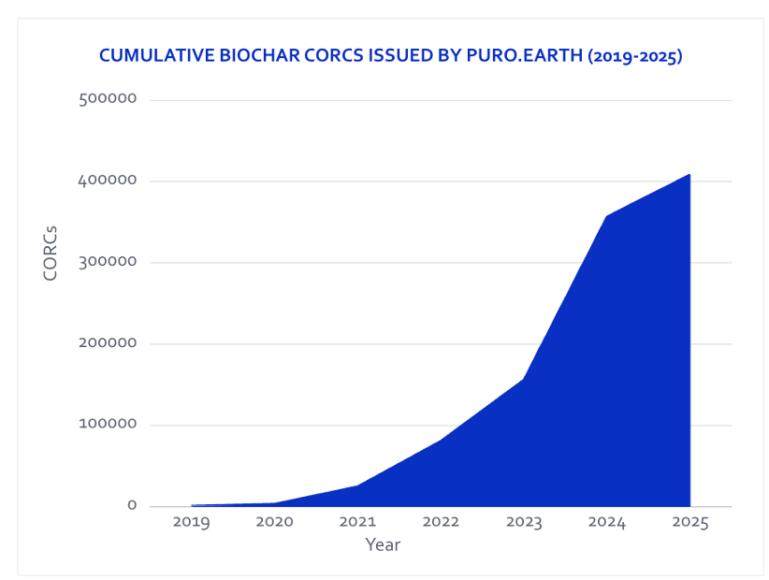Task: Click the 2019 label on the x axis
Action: pos(191,522)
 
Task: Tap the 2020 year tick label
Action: pos(274,522)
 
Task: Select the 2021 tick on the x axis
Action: pos(357,522)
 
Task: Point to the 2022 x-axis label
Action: pos(441,522)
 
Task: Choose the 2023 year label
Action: pos(524,522)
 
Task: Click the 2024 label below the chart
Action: pos(607,522)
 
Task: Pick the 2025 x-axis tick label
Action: pos(690,522)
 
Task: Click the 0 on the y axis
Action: pos(132,506)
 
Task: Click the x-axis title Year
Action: pos(383,544)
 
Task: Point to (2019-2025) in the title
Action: pos(635,56)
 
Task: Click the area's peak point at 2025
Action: pos(690,174)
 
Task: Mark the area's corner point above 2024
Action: pos(607,216)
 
